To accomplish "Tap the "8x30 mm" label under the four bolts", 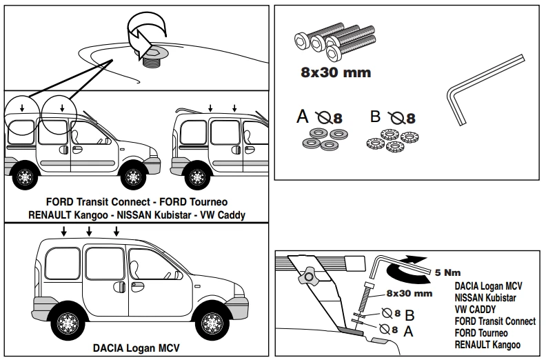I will pos(336,72).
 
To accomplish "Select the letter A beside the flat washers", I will pos(302,117).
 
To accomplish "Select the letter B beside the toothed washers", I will pos(376,117).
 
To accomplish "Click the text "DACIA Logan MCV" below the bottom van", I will pos(136,348).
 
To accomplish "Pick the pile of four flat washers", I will pos(323,139).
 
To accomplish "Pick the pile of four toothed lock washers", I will pos(390,139).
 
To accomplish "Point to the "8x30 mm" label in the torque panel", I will pos(410,293).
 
